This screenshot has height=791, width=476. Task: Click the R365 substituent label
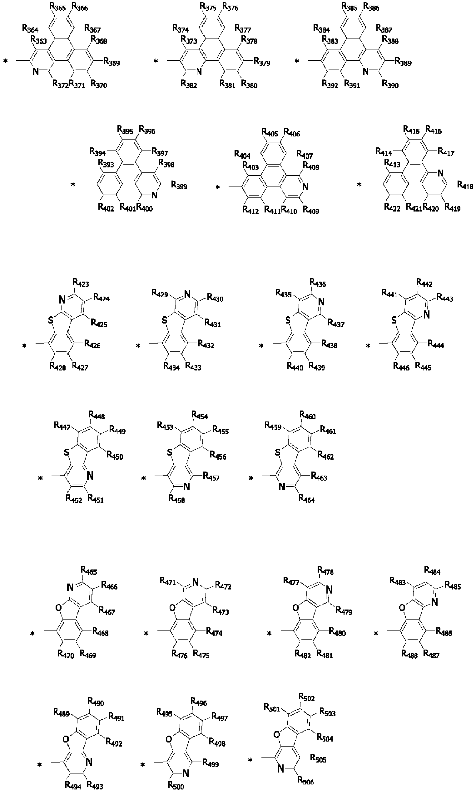click(58, 7)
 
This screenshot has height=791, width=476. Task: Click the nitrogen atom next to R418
click(441, 174)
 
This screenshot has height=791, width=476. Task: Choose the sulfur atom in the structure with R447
click(67, 452)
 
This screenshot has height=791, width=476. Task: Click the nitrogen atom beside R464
click(282, 487)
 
